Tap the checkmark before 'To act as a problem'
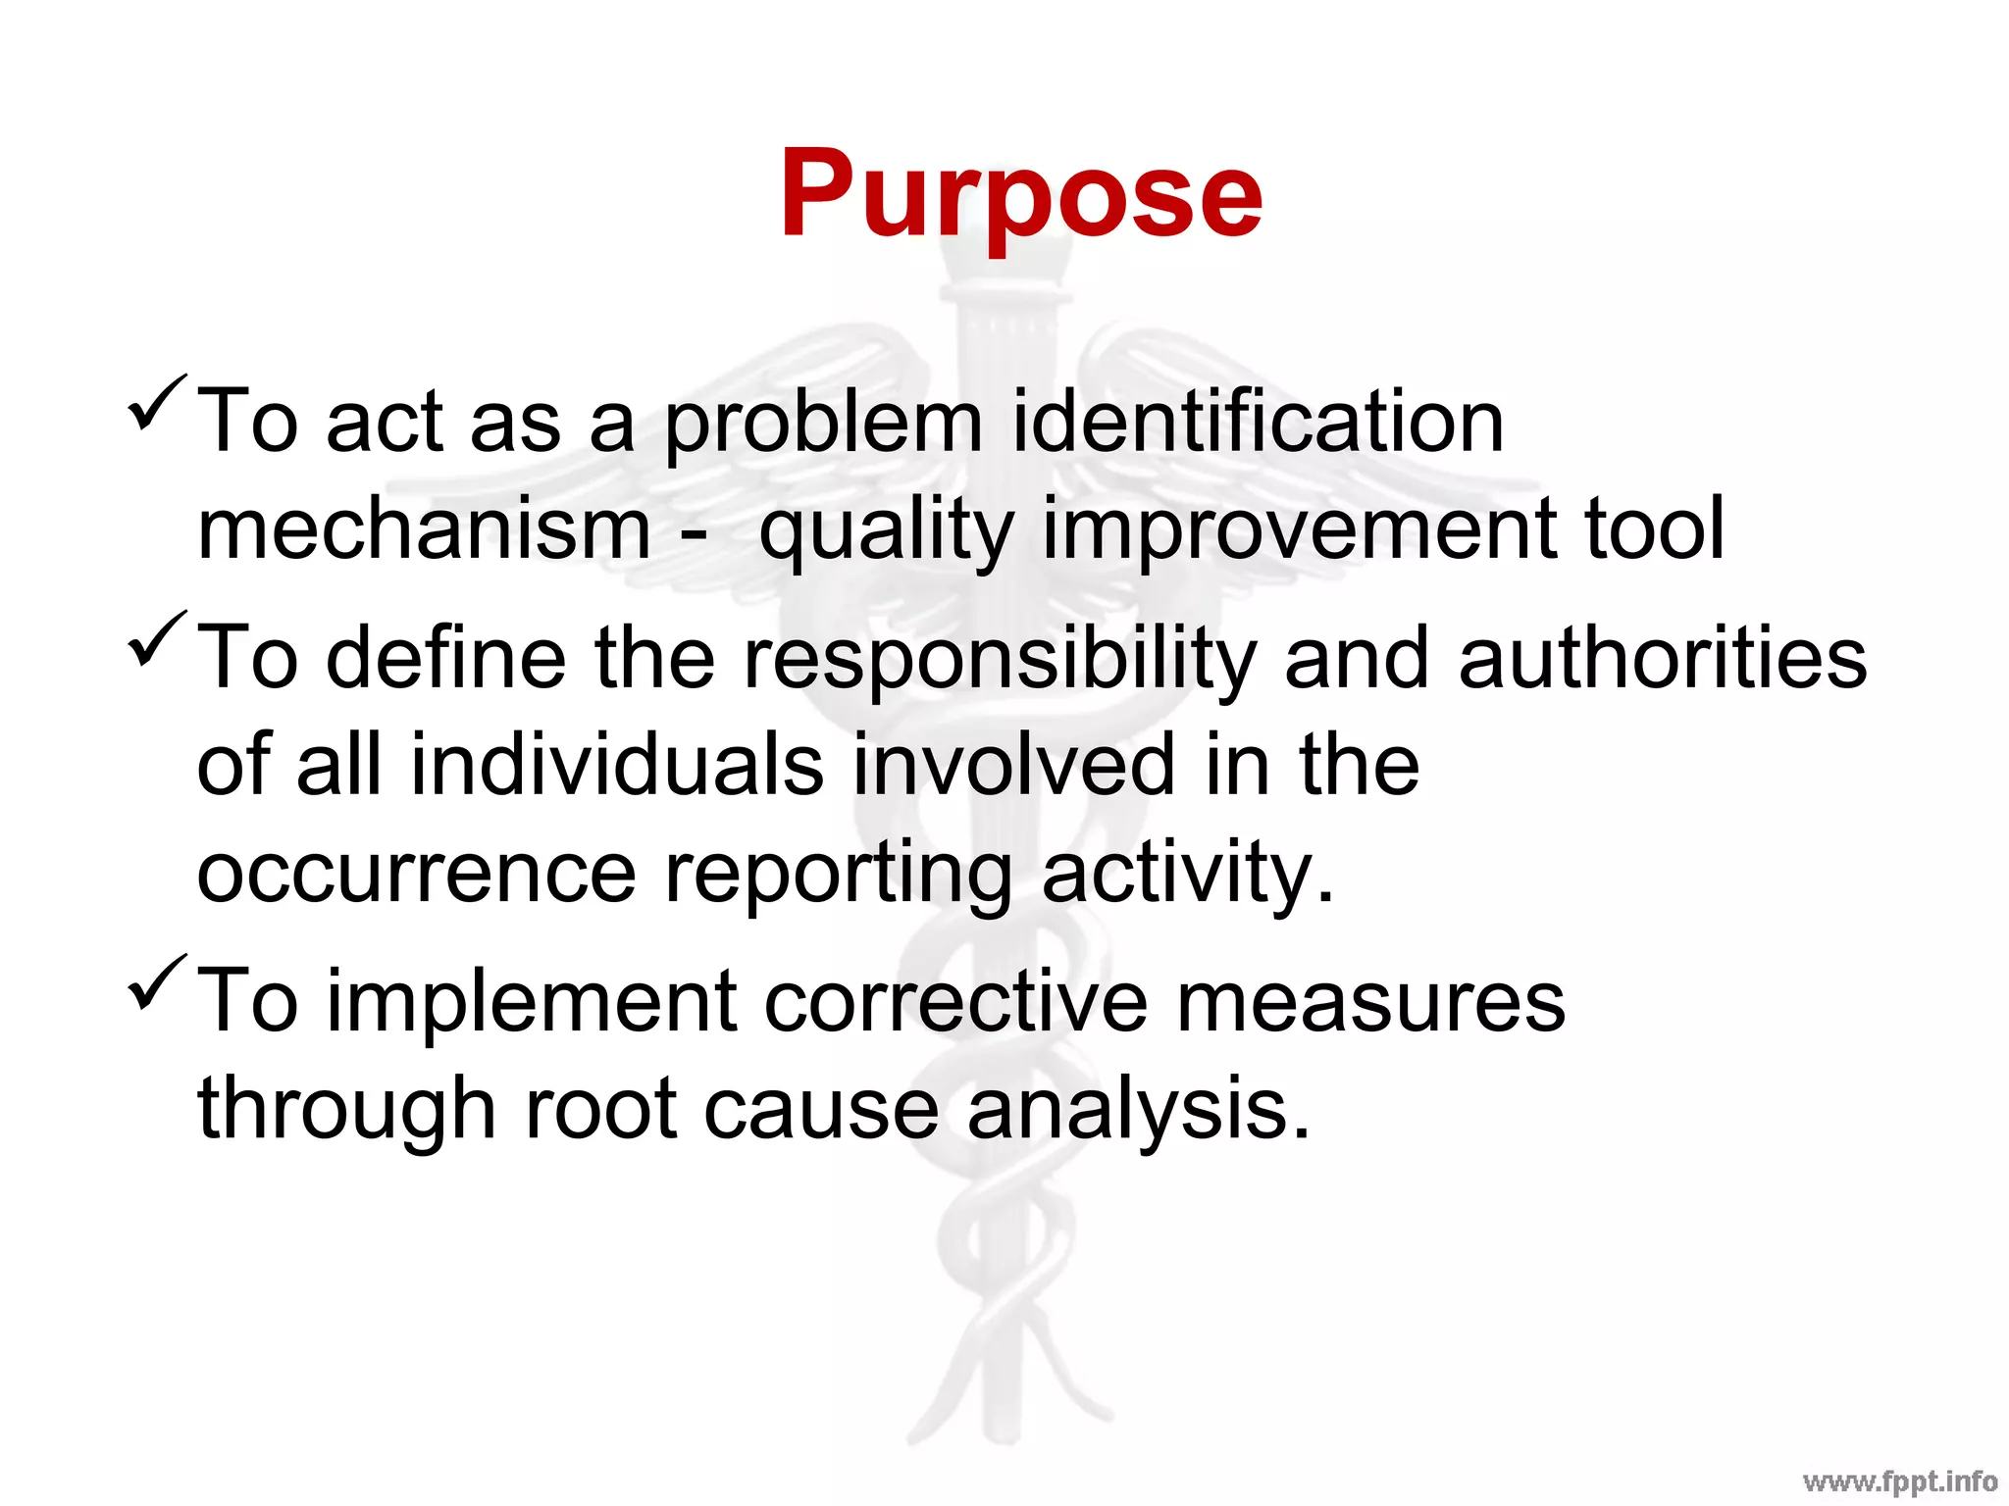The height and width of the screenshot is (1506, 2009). point(157,402)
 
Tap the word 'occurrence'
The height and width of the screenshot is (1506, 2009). point(417,875)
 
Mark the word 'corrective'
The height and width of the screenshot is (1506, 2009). point(955,1002)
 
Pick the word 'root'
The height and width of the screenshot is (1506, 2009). point(600,1110)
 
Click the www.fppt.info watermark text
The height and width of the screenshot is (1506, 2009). point(1900,1481)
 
